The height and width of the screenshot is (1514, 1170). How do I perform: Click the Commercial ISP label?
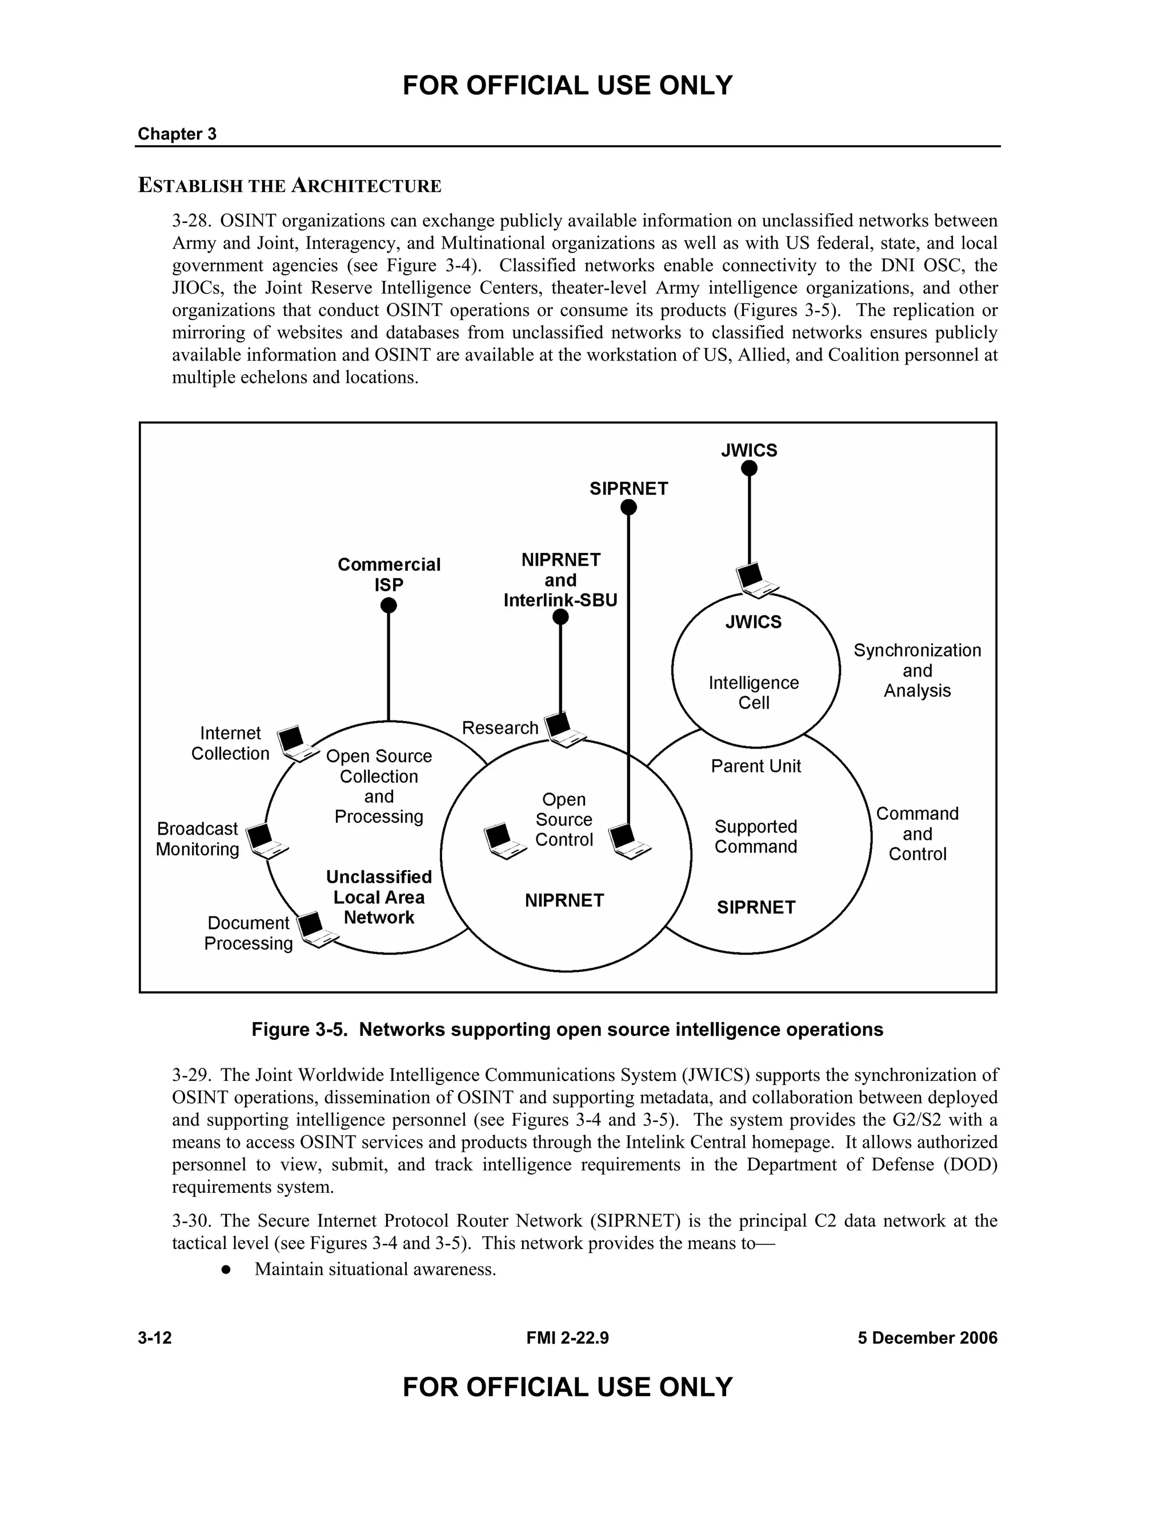point(389,574)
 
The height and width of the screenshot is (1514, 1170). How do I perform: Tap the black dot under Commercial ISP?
point(389,605)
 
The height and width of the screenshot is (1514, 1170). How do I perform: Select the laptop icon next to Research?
point(563,729)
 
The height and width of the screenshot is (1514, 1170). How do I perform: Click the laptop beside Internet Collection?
point(296,743)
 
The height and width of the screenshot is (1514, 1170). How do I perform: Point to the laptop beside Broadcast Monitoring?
point(267,841)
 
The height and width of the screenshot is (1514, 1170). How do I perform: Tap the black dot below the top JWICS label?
point(750,468)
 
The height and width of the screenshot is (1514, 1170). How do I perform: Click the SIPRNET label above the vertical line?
point(628,488)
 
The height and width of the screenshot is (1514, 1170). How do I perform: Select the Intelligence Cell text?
point(754,692)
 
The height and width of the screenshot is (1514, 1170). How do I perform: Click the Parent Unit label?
point(755,766)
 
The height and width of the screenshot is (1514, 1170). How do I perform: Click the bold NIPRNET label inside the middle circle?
point(564,900)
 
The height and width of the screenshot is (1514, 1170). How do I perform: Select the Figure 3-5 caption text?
point(567,1030)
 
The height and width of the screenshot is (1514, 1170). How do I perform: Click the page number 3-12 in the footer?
point(155,1338)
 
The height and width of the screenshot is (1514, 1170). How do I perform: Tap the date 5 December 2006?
point(927,1338)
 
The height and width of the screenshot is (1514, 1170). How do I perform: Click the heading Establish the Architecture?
point(290,186)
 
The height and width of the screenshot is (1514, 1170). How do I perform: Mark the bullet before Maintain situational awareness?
point(225,1270)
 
